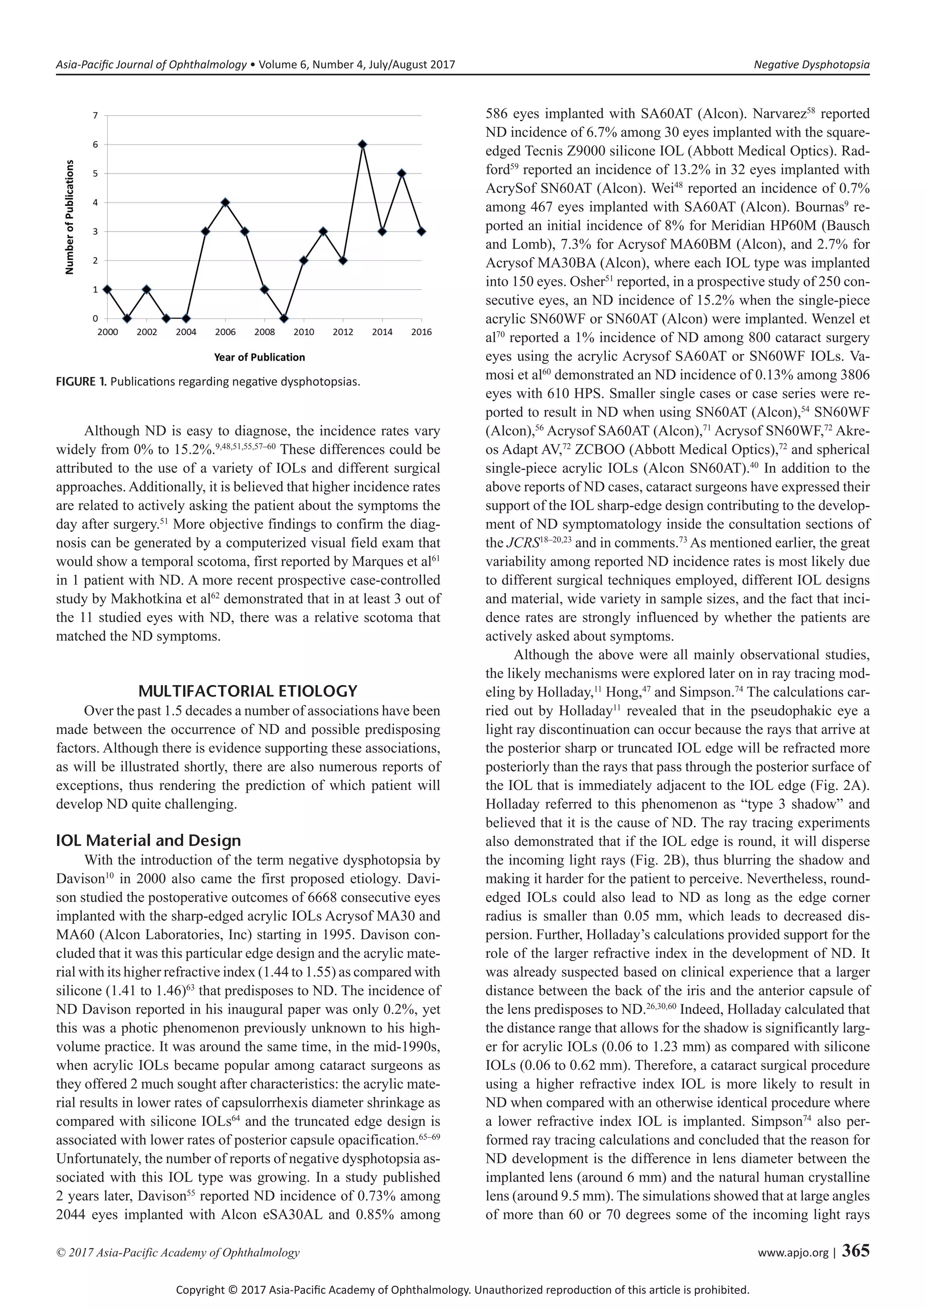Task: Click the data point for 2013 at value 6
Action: point(362,144)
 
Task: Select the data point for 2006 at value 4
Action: point(225,202)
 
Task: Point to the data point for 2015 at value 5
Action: point(402,173)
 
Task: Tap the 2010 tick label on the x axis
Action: point(303,332)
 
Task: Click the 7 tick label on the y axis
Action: point(95,115)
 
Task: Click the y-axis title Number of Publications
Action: point(70,217)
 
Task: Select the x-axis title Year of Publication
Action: point(260,358)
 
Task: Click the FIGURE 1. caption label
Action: point(81,381)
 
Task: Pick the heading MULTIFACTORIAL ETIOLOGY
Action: point(248,692)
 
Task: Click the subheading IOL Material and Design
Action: point(148,840)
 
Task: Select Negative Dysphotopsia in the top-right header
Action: point(812,65)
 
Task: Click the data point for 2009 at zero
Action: point(284,319)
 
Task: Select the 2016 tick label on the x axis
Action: point(421,332)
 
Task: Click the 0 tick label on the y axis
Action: point(95,319)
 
